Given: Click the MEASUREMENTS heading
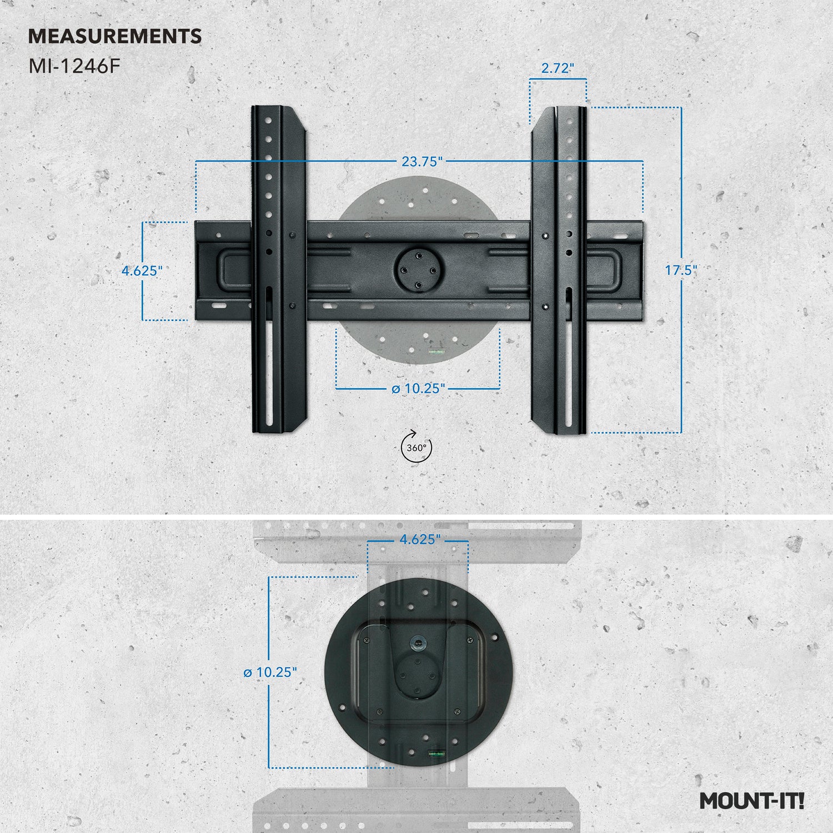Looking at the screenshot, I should tap(115, 37).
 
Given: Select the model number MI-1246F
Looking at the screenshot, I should tap(74, 67).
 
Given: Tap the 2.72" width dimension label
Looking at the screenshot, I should tap(558, 68).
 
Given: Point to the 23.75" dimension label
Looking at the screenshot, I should tap(422, 162).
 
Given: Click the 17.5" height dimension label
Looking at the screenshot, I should tap(681, 270).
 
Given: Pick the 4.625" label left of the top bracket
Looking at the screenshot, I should tap(142, 271).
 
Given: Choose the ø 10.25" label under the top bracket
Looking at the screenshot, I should tap(418, 388).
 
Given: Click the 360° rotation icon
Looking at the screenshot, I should tap(416, 447).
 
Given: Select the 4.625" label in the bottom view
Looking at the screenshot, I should tap(420, 539).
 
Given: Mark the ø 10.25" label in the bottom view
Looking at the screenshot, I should tap(270, 672).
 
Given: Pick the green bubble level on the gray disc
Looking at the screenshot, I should tap(436, 351).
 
